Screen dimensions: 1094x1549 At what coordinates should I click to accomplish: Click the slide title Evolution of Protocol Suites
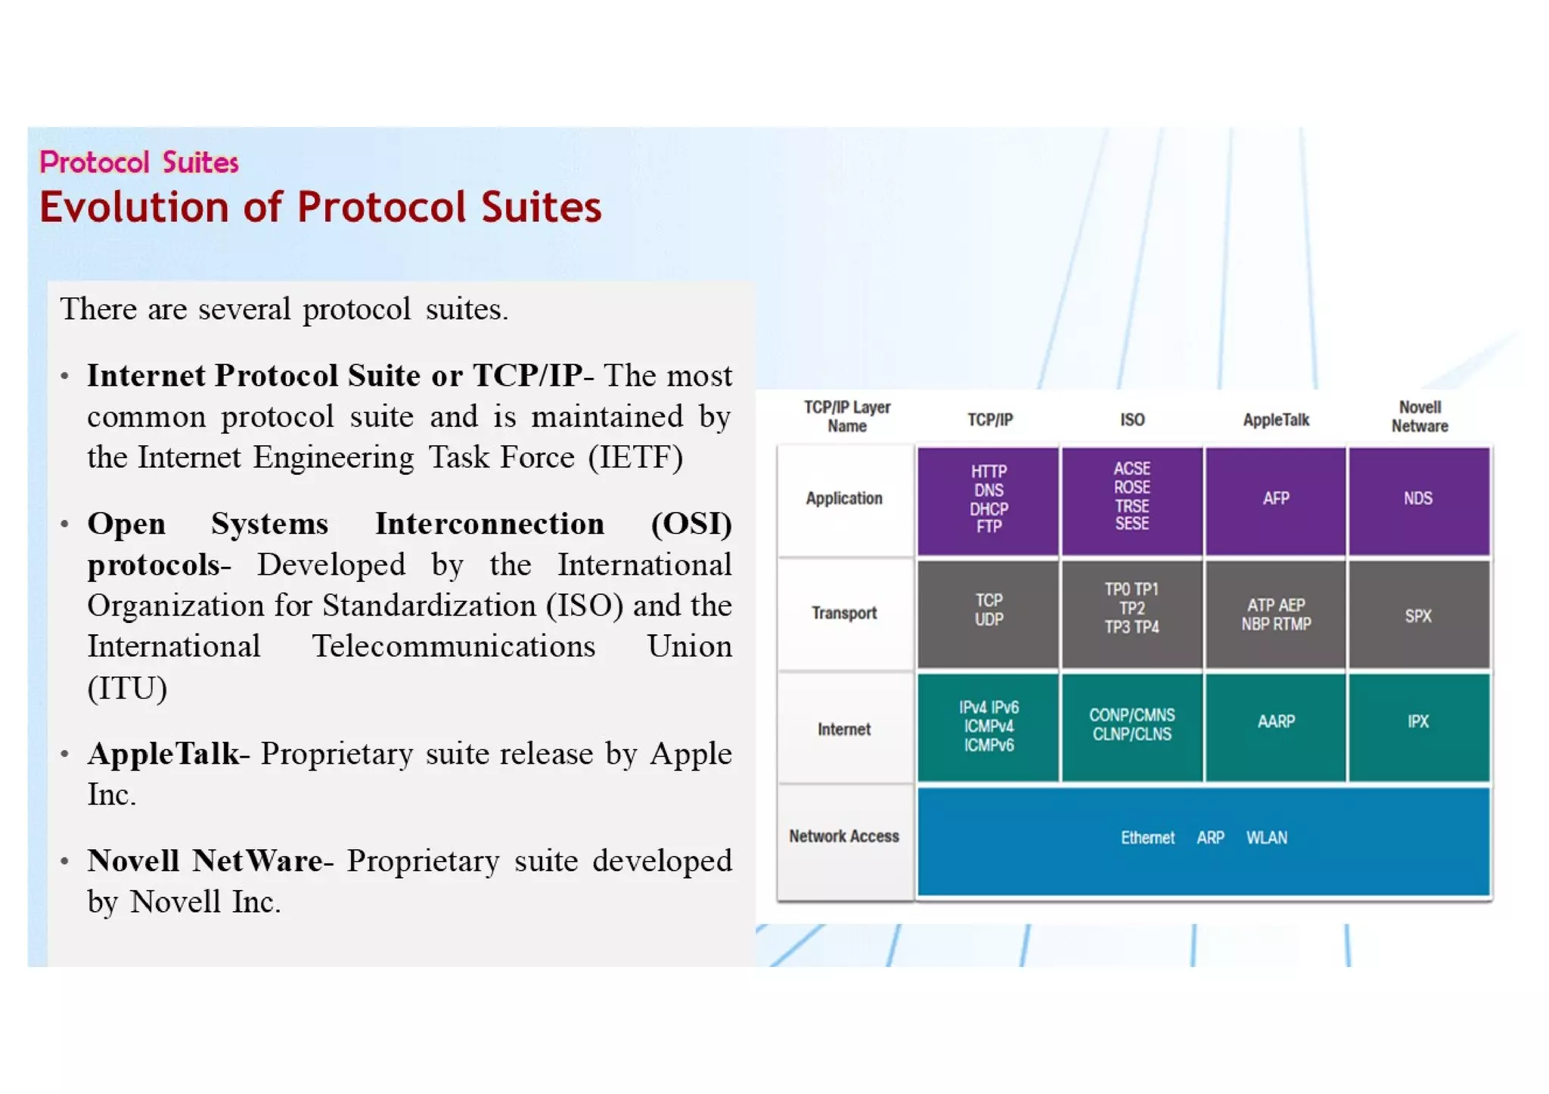(x=320, y=207)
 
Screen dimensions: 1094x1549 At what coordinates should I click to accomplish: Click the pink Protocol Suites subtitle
(x=139, y=163)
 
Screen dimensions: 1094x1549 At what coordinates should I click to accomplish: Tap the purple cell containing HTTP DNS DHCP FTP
(x=988, y=500)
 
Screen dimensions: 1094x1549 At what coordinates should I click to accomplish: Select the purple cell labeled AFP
(x=1275, y=500)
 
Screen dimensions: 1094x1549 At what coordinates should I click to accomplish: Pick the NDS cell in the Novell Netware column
(x=1418, y=500)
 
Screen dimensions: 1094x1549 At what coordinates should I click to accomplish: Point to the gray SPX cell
(x=1418, y=615)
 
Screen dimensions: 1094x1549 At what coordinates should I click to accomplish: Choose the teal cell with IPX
(x=1418, y=723)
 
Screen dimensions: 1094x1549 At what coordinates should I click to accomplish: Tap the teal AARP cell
(x=1275, y=723)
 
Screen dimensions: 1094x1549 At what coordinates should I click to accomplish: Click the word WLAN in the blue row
(x=1266, y=838)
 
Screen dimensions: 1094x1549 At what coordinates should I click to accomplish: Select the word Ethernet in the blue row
(x=1147, y=838)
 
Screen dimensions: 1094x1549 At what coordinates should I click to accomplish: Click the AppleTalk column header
(x=1275, y=420)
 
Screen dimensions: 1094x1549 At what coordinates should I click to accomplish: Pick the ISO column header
(x=1131, y=420)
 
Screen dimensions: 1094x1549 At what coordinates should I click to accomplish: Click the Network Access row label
(x=844, y=836)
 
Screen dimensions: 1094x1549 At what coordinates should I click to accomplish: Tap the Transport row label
(x=844, y=613)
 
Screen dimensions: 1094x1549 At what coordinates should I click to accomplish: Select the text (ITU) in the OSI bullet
(x=127, y=688)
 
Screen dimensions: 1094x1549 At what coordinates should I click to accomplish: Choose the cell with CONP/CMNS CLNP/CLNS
(x=1131, y=725)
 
